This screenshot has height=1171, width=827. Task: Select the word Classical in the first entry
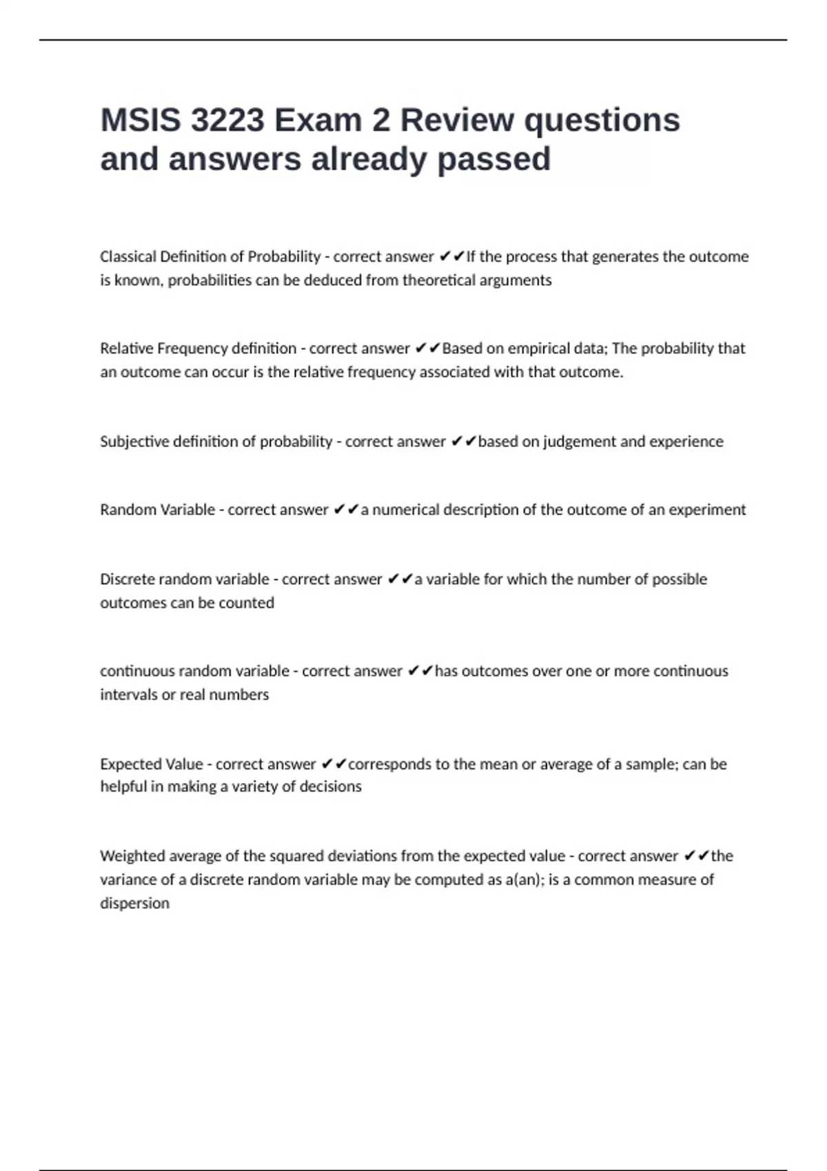point(128,257)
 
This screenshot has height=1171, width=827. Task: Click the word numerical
point(405,510)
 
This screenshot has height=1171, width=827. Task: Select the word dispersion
point(134,903)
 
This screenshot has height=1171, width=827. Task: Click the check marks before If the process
point(451,257)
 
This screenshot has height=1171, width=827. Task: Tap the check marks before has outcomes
point(420,671)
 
